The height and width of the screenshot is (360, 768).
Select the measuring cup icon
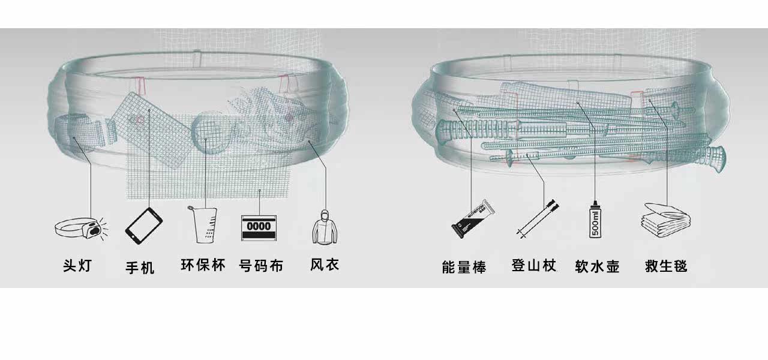click(203, 224)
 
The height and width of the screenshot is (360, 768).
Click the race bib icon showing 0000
click(260, 227)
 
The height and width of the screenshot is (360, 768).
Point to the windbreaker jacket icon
click(325, 226)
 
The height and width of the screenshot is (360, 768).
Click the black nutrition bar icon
click(473, 218)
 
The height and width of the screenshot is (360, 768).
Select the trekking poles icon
click(537, 220)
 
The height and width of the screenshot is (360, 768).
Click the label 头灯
click(77, 265)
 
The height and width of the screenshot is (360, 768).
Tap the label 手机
click(140, 267)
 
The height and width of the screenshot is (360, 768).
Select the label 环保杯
click(203, 265)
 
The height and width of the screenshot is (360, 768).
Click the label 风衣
click(325, 264)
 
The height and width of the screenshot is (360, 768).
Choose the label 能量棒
click(464, 266)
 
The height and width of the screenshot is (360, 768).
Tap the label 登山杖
click(534, 265)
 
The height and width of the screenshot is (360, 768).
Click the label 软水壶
click(596, 266)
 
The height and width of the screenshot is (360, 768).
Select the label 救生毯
click(666, 266)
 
